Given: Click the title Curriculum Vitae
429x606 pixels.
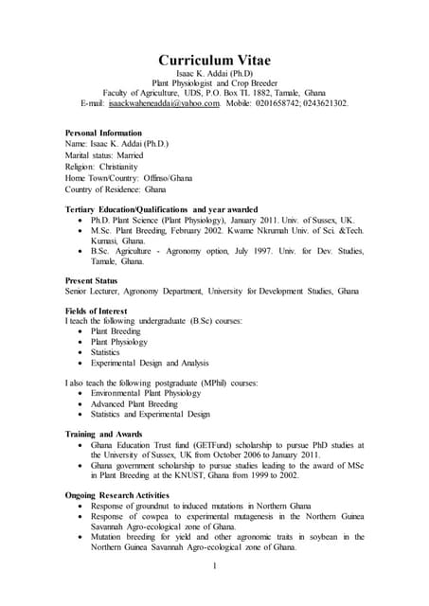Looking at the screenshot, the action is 214,58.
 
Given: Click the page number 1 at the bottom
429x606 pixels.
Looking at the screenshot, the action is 215,566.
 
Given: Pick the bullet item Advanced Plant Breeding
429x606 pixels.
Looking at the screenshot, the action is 137,402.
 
